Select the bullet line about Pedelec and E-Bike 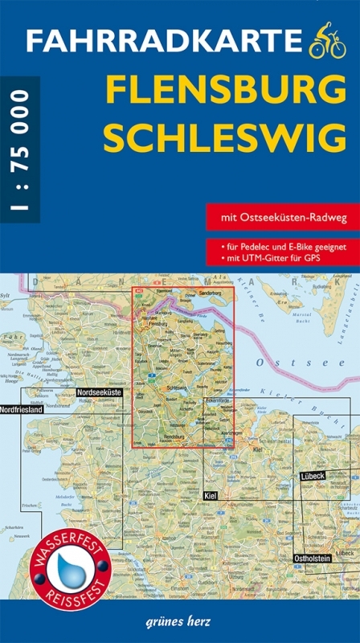pos(281,247)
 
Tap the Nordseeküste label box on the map pos(98,392)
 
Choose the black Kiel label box pos(211,496)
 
